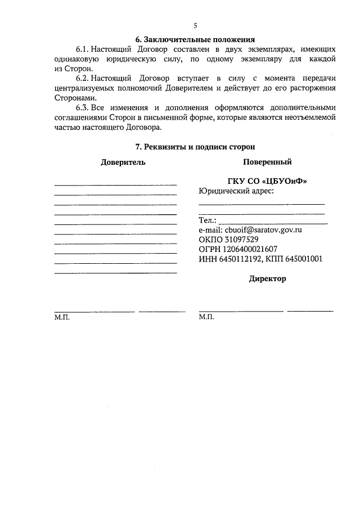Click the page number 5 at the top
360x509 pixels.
pos(195,26)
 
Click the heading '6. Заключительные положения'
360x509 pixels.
pos(195,39)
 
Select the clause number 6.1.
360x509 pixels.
pos(83,49)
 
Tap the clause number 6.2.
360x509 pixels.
pos(83,79)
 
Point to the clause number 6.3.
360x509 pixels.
pos(83,108)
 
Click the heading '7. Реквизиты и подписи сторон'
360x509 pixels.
pos(195,147)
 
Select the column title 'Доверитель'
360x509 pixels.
pos(123,162)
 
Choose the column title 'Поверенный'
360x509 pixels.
pos(267,162)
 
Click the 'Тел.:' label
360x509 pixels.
pos(207,220)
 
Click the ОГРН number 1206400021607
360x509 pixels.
pos(251,249)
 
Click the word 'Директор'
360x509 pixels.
pos(267,279)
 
